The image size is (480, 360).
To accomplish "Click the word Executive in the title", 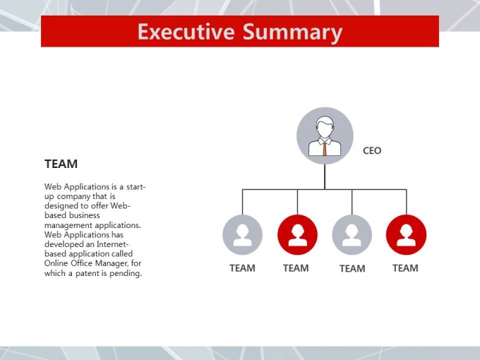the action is point(186,31).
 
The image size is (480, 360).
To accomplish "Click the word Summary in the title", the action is point(292,32).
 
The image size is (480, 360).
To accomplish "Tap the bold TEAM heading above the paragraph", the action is point(61,164).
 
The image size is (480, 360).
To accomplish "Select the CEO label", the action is point(372,150).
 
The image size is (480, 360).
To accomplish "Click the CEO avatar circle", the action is point(325,136).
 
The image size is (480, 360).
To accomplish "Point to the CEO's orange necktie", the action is point(325,149).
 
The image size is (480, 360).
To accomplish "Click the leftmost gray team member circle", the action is point(242,234).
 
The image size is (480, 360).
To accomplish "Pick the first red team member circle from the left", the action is point(297,234).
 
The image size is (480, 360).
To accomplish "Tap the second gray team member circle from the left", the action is point(352,234).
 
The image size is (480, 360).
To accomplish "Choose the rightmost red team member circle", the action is point(406,234).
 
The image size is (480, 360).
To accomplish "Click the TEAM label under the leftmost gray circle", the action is point(242,268).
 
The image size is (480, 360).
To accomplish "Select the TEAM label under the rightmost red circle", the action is point(405,268).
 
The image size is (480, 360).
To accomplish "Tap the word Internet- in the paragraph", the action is point(112,244).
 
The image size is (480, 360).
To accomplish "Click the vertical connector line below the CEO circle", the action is point(325,177).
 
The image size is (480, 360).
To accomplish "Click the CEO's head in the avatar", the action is point(325,127).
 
